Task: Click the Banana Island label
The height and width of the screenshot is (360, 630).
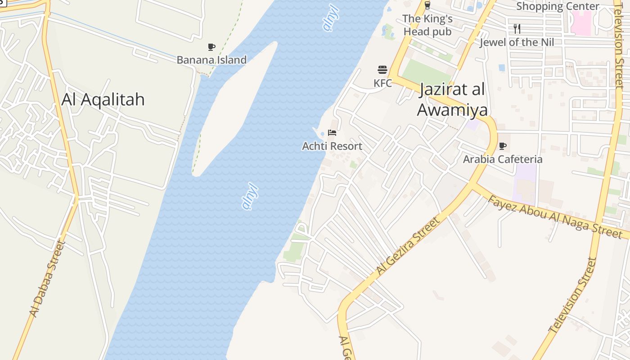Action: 211,60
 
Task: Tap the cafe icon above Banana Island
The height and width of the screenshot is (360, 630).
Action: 211,47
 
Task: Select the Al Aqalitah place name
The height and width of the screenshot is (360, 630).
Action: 103,99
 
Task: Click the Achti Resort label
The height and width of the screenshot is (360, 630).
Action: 332,146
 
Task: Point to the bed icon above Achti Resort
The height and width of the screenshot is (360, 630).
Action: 332,133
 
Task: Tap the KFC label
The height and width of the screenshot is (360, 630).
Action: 382,83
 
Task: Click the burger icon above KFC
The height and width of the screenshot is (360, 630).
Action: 382,70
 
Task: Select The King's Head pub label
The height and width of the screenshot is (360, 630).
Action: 427,25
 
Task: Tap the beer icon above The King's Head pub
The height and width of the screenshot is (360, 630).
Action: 427,5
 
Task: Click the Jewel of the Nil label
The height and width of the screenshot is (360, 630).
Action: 517,42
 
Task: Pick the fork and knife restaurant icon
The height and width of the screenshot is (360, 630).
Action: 517,29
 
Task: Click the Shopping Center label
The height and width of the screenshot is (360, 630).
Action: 558,6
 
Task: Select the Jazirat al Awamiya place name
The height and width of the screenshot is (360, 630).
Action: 452,99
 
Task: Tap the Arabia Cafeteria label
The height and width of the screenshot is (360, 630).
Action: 503,159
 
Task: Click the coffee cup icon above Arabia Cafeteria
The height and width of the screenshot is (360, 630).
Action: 503,146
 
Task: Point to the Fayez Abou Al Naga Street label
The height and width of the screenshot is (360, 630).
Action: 555,216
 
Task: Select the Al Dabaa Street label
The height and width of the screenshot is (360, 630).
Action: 47,279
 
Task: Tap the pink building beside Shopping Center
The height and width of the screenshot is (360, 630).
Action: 581,22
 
